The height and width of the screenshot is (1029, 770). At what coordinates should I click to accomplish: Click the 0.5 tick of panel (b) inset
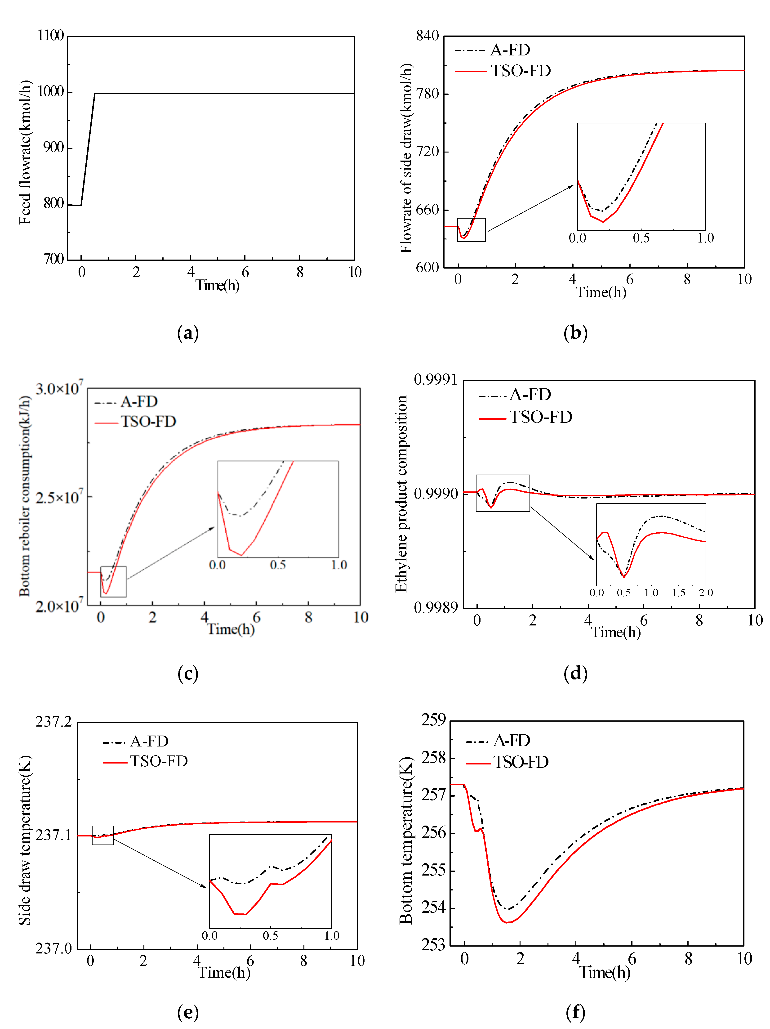[x=641, y=238]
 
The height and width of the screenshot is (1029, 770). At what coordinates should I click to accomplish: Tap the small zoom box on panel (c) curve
[x=113, y=581]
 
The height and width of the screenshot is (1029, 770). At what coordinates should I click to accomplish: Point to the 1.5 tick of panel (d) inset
[x=678, y=593]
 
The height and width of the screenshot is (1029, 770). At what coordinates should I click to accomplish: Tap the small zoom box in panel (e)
[x=103, y=835]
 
